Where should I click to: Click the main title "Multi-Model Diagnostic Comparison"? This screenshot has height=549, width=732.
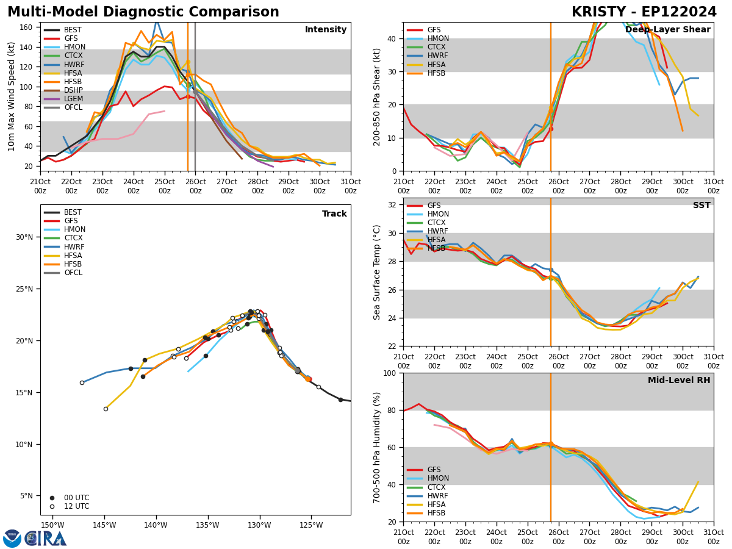(x=143, y=12)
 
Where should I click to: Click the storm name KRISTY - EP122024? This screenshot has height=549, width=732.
(x=644, y=12)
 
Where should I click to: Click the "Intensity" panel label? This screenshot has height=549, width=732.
(x=325, y=30)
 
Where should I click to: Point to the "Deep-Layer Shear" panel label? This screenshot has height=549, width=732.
(x=667, y=30)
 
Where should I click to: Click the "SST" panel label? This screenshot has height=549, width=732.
(x=701, y=206)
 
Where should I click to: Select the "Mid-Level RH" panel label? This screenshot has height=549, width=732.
(x=678, y=381)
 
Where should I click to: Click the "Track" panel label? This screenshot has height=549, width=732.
(x=334, y=214)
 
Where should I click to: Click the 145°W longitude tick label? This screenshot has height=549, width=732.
(x=104, y=526)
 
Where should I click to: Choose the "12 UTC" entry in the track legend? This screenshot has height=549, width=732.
(x=76, y=506)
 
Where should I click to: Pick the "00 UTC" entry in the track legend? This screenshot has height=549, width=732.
(x=76, y=498)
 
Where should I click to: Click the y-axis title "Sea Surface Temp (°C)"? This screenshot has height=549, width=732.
(x=378, y=272)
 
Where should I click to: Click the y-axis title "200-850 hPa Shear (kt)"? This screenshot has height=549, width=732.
(x=378, y=96)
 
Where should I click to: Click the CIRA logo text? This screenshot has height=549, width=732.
(x=46, y=539)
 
